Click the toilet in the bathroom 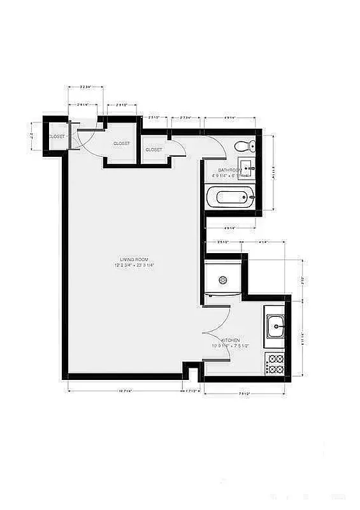click(x=243, y=146)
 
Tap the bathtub click(x=231, y=198)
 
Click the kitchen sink click(x=276, y=328)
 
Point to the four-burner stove click(x=275, y=364)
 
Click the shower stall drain click(x=223, y=279)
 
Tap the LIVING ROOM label click(x=134, y=259)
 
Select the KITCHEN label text click(x=231, y=340)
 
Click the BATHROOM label click(x=229, y=170)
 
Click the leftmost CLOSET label click(x=57, y=136)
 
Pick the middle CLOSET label click(x=122, y=143)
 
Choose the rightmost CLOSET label click(x=154, y=150)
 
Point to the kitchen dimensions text click(x=231, y=346)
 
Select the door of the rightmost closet click(x=178, y=148)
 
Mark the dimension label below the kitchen click(x=243, y=393)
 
